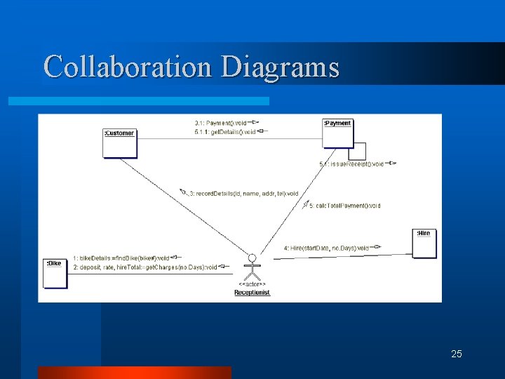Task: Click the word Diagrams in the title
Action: tap(280, 67)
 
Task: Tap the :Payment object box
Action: tap(337, 133)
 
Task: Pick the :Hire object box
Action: tap(424, 243)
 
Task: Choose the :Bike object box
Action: tap(55, 272)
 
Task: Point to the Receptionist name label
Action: tap(252, 293)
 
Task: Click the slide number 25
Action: tap(457, 354)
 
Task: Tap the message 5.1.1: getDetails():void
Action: tap(225, 132)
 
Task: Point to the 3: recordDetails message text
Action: tap(243, 193)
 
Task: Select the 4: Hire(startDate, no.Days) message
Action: tap(326, 248)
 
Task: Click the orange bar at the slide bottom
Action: tap(134, 372)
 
